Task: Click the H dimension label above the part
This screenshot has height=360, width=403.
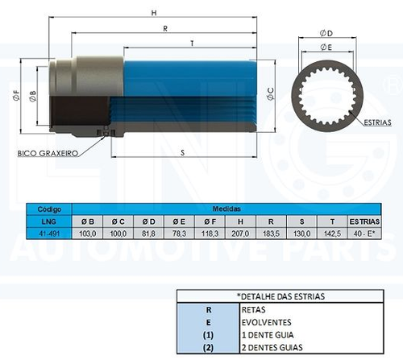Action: click(x=154, y=13)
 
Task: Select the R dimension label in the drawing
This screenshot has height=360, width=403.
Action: click(x=165, y=28)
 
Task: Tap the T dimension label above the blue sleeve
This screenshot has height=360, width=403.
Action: click(x=192, y=43)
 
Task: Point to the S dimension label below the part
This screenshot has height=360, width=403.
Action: click(x=183, y=152)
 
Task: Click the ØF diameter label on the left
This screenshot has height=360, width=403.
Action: click(x=16, y=95)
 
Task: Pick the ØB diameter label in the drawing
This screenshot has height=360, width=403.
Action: click(x=32, y=96)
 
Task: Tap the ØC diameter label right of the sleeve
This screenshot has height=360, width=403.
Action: click(x=271, y=94)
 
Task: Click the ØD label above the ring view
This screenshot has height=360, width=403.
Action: click(x=326, y=33)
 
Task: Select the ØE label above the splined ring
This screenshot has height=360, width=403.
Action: click(x=326, y=48)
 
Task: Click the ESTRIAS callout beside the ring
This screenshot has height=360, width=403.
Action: click(x=377, y=122)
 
